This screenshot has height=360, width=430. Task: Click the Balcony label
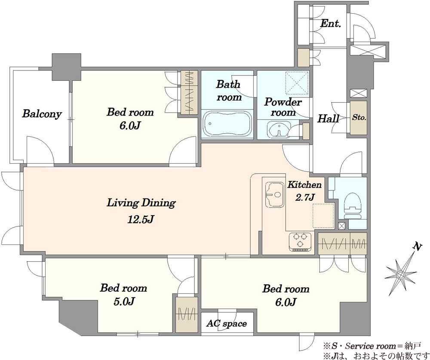point(42,114)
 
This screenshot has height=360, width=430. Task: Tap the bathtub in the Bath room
point(227,124)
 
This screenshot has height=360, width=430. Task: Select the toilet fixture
point(353,205)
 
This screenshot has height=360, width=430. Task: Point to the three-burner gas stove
point(300,241)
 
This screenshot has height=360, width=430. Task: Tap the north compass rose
point(401,274)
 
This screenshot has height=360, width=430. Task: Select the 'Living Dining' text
point(141,203)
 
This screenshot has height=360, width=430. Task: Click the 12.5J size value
point(141,219)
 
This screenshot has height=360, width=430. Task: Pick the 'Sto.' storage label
point(359,118)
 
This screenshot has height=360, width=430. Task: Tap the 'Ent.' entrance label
point(330,23)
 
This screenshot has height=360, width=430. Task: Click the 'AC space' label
point(227,323)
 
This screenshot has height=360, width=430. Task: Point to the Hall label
point(328,119)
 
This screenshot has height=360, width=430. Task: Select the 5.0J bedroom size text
point(124,302)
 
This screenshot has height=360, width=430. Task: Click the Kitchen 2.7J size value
point(305,197)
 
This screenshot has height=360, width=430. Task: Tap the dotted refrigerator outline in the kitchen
point(324,216)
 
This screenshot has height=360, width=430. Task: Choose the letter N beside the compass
point(417,247)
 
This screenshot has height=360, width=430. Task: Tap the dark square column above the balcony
point(66,67)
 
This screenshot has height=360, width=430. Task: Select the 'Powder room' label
point(283,107)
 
